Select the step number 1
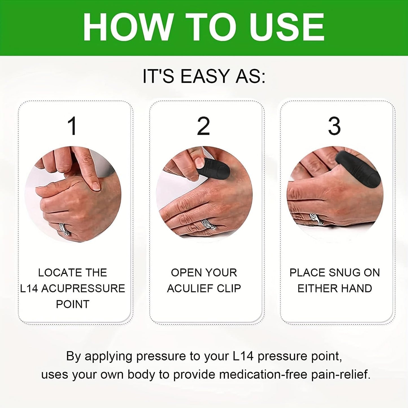point(73,126)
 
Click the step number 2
point(203,126)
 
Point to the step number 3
point(334,126)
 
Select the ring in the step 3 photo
point(316,219)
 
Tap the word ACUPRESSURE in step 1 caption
point(83,289)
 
